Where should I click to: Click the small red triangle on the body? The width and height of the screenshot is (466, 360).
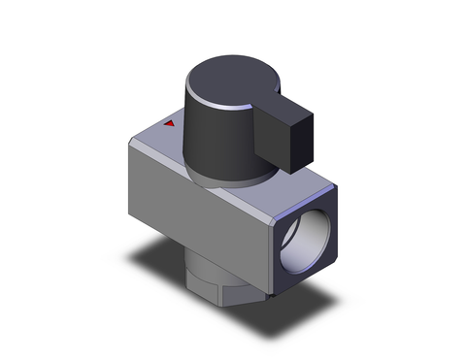point(170,124)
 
